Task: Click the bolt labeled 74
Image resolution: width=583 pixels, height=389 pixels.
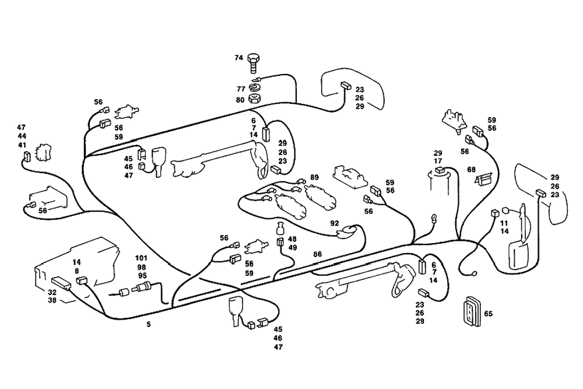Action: coord(253,60)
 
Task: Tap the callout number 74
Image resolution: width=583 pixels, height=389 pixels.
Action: coord(238,58)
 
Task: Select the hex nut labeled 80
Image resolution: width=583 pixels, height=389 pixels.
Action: coord(254,98)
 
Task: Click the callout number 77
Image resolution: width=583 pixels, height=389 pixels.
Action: coord(240,89)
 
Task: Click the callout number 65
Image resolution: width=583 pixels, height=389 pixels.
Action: coord(489,314)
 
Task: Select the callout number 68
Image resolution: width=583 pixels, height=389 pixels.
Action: coord(472,170)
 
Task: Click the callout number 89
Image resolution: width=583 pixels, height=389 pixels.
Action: coord(314,177)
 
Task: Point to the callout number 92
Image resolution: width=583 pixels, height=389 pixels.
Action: coord(334,223)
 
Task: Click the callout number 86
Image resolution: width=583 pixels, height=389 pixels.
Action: coord(317,254)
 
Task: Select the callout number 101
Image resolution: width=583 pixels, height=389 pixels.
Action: coord(142,257)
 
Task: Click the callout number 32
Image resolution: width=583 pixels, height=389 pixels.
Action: coord(52,292)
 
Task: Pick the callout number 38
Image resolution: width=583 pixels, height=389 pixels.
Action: coord(52,302)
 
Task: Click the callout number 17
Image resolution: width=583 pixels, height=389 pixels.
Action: coord(438,161)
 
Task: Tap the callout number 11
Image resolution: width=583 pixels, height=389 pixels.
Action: coord(504,223)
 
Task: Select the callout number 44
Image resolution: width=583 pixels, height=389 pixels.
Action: coord(22,136)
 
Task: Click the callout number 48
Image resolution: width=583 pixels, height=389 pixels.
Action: coord(292,239)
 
